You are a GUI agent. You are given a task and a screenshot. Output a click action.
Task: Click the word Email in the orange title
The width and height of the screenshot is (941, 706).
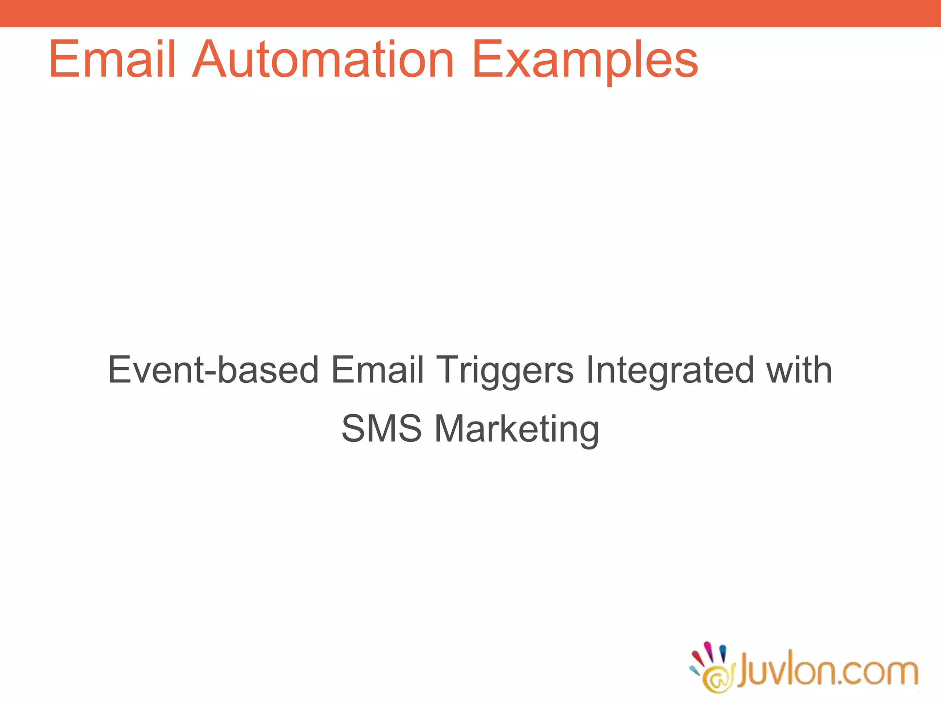(x=112, y=60)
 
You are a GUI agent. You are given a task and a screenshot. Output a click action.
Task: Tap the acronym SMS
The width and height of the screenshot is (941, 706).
(x=381, y=428)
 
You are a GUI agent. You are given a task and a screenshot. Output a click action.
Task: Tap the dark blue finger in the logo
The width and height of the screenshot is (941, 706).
(x=722, y=652)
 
